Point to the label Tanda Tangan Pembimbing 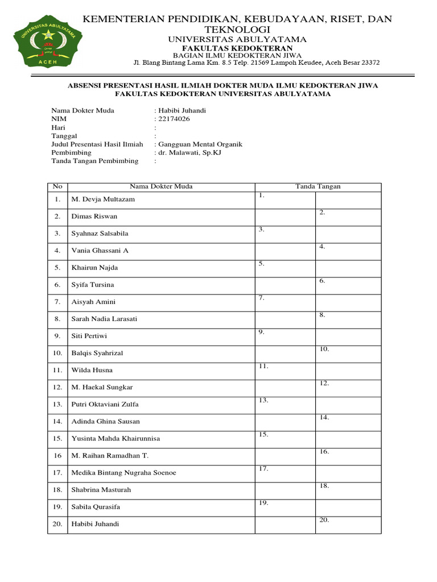[95, 161]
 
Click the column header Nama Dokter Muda [161, 186]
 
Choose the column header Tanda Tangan [318, 186]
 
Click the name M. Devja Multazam [103, 199]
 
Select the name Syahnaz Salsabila [100, 234]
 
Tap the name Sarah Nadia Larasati [104, 319]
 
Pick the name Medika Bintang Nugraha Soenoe [123, 473]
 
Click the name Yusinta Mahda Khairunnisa [116, 438]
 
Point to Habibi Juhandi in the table [95, 524]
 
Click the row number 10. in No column [57, 353]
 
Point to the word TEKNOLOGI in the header [237, 29]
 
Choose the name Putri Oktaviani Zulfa [105, 404]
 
